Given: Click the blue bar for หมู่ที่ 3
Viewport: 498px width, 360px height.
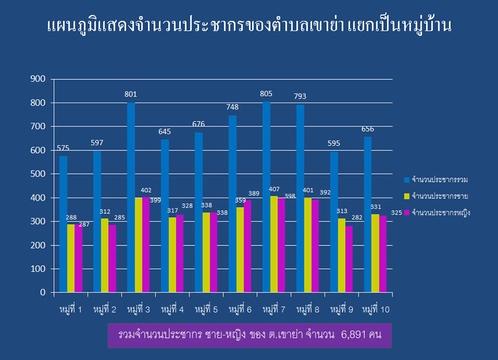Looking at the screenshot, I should (131, 198).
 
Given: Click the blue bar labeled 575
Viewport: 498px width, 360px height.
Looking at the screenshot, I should (64, 224).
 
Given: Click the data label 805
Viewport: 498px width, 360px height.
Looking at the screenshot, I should (267, 94).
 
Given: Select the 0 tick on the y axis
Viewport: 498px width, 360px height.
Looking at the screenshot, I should (42, 293).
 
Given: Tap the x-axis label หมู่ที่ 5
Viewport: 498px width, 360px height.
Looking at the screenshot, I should (206, 310).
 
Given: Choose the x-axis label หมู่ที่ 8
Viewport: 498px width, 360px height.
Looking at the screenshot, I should (307, 310).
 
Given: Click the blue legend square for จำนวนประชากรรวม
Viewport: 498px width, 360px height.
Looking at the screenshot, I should (406, 181).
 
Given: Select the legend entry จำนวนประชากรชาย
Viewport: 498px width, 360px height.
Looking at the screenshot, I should (440, 197).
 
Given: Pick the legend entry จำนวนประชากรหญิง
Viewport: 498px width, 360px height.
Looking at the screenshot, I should (441, 213).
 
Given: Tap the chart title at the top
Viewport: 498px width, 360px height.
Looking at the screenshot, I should (249, 26).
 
